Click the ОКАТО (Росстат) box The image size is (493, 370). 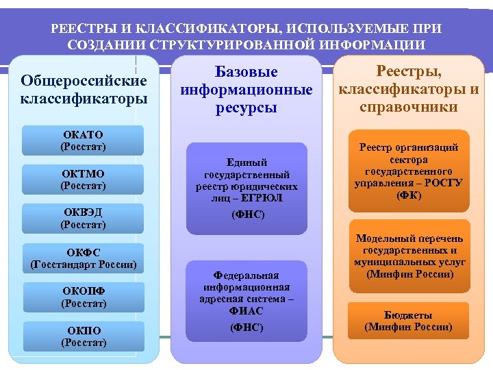tap(83, 140)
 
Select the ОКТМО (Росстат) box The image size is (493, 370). tap(83, 180)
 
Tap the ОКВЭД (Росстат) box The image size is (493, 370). tap(83, 219)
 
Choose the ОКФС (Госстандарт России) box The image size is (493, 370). tap(83, 258)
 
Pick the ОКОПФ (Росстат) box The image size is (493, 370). tap(83, 297)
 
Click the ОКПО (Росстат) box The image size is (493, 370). tap(83, 336)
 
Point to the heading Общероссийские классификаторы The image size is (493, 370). tap(84, 90)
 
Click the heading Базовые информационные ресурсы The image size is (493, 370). tap(246, 90)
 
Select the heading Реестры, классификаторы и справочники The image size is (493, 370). tap(409, 88)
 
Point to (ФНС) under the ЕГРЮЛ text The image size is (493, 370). tap(246, 214)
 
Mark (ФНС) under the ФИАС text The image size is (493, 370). tap(246, 328)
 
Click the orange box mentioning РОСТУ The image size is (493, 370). tap(409, 171)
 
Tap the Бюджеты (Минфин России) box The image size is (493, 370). tap(408, 321)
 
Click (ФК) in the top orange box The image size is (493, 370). tap(409, 196)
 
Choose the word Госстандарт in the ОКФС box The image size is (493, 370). tap(63, 264)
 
